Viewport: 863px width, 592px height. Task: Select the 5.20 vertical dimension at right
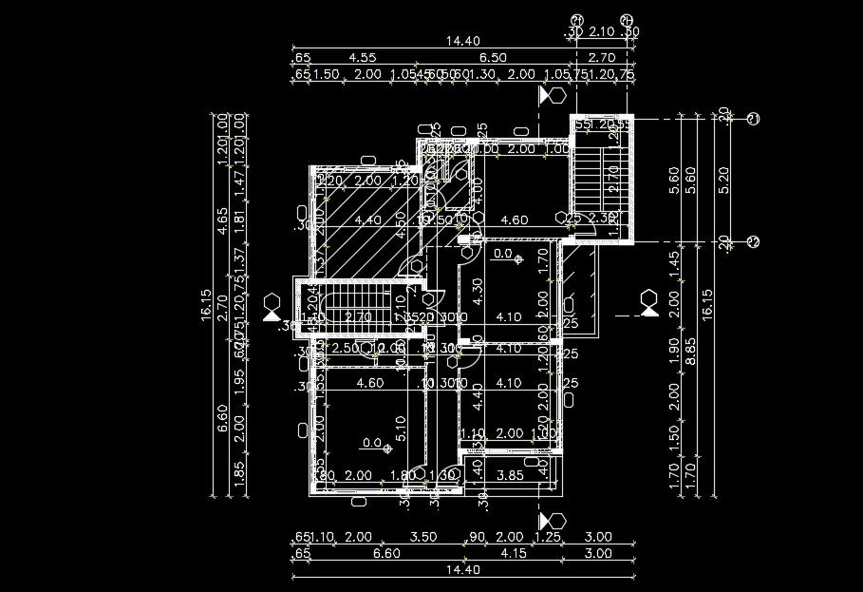[x=727, y=180]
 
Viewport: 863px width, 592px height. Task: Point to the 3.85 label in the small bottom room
[x=511, y=475]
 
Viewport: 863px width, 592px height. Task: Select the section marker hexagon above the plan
[x=556, y=95]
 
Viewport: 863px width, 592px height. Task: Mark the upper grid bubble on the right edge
[x=754, y=119]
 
